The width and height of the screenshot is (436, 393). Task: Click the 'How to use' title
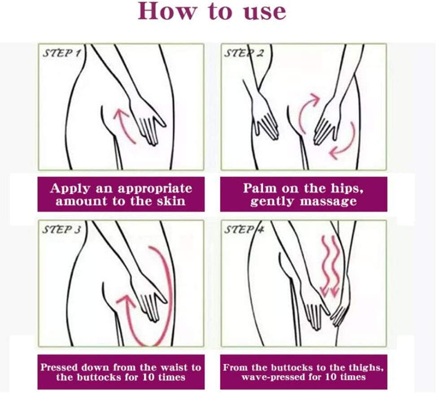[x=212, y=12]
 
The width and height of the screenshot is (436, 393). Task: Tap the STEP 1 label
[x=61, y=53]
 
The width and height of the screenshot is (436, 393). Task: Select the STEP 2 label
[x=244, y=53]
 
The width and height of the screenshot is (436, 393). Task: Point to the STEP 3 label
[x=61, y=230]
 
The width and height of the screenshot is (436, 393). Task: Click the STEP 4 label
[x=244, y=230]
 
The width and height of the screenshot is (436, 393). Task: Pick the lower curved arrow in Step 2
[x=343, y=144]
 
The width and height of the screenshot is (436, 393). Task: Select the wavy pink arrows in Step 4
[x=330, y=265]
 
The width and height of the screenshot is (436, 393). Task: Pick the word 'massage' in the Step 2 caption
[x=328, y=201]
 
